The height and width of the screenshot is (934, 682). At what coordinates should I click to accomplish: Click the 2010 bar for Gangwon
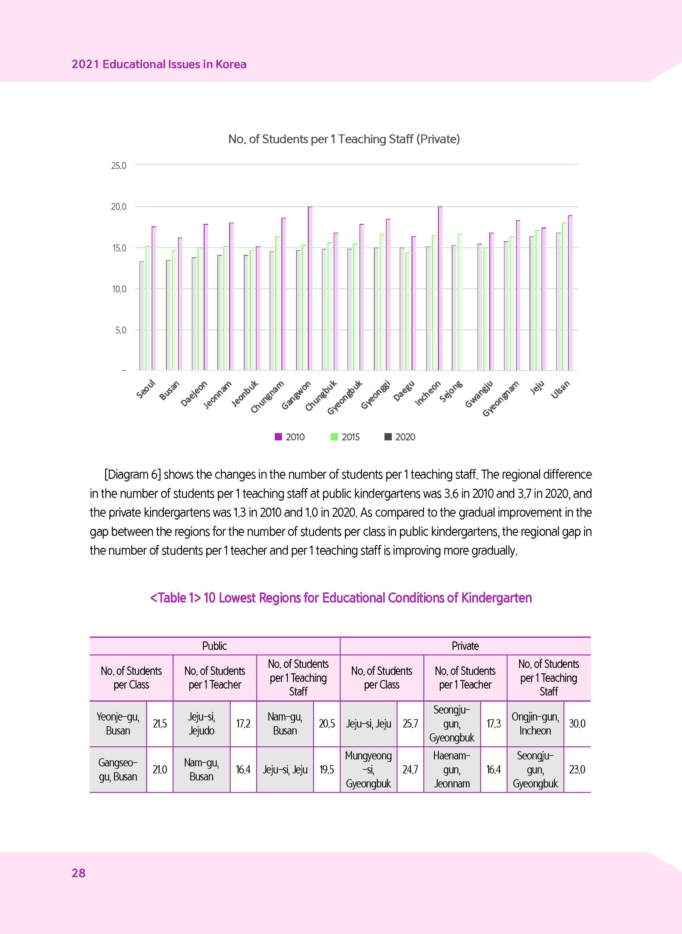pyautogui.click(x=310, y=288)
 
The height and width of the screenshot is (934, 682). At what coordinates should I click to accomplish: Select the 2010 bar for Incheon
pyautogui.click(x=440, y=288)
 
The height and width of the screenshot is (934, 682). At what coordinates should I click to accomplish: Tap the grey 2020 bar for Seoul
pyautogui.click(x=142, y=316)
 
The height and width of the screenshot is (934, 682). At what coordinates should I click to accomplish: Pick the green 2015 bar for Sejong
pyautogui.click(x=460, y=302)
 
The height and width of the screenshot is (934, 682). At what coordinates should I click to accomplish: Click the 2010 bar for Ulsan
pyautogui.click(x=570, y=293)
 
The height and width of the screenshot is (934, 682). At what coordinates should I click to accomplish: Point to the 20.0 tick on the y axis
pyautogui.click(x=119, y=207)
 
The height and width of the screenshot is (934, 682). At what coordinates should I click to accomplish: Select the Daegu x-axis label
pyautogui.click(x=403, y=391)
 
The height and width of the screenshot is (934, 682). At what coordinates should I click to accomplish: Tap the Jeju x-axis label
pyautogui.click(x=537, y=387)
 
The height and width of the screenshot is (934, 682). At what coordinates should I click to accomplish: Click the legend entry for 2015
pyautogui.click(x=346, y=437)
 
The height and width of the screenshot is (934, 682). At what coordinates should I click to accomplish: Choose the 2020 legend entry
pyautogui.click(x=400, y=437)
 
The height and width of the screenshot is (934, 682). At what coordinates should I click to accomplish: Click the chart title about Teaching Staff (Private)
pyautogui.click(x=344, y=139)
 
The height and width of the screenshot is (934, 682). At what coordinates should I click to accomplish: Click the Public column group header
pyautogui.click(x=215, y=646)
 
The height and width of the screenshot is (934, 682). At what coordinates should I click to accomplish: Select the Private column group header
pyautogui.click(x=465, y=646)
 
